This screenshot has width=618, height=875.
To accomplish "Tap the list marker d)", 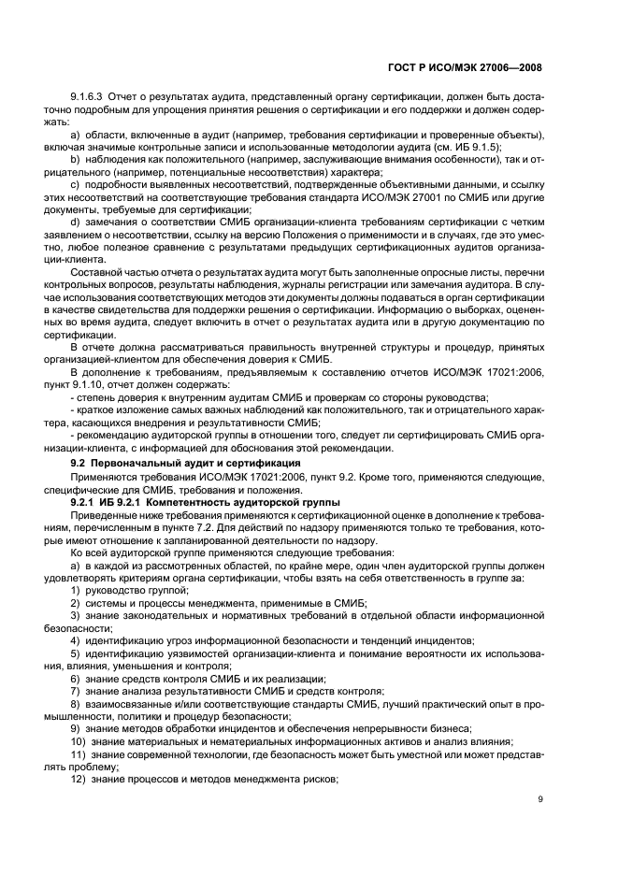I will tap(76, 221).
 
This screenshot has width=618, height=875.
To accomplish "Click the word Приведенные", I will tap(108, 515).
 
